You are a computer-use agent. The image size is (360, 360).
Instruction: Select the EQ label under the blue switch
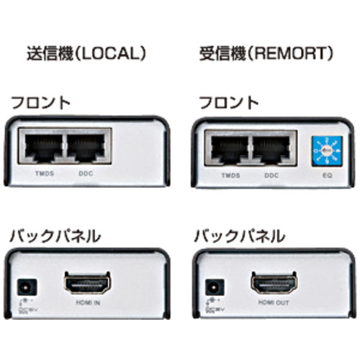326,176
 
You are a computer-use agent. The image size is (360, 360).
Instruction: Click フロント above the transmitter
40,102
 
